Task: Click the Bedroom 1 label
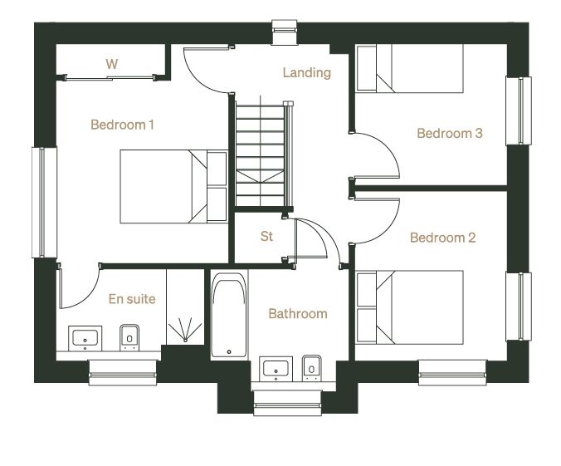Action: [x=122, y=125]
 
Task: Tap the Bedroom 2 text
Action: [x=442, y=238]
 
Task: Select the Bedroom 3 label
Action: [x=450, y=133]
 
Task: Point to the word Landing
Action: [x=306, y=73]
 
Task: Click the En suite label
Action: [x=132, y=299]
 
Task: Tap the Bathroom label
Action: [x=298, y=314]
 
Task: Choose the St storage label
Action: [x=266, y=237]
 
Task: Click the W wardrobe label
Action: [x=112, y=64]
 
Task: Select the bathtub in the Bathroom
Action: [x=229, y=315]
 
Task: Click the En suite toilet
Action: [x=129, y=337]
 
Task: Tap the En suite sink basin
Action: [x=85, y=338]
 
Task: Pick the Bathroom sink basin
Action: [x=276, y=369]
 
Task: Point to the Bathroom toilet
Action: [x=312, y=368]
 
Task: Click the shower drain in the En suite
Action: [x=185, y=340]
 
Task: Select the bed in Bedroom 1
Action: [x=173, y=187]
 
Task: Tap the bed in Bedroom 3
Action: [x=410, y=68]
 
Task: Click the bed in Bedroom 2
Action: [x=410, y=307]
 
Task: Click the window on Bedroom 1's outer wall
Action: [x=44, y=203]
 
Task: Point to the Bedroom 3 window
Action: [x=519, y=111]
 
